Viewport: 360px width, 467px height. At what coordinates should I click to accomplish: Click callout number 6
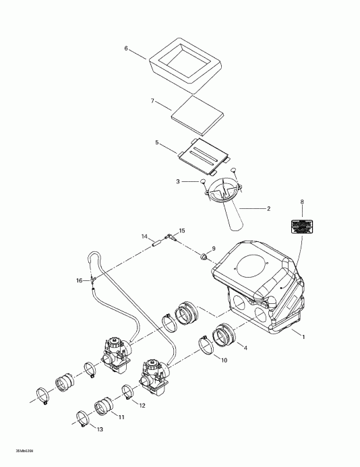pyautogui.click(x=125, y=49)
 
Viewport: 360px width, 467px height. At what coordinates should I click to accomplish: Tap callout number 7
pyautogui.click(x=152, y=101)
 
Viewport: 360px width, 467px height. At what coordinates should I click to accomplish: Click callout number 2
pyautogui.click(x=268, y=209)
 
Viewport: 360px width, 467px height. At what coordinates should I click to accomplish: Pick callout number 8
pyautogui.click(x=301, y=201)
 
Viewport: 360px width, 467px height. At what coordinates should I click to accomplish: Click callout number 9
pyautogui.click(x=214, y=249)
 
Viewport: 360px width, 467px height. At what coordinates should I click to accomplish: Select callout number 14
pyautogui.click(x=144, y=237)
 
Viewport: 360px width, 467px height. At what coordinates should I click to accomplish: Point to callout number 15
pyautogui.click(x=181, y=230)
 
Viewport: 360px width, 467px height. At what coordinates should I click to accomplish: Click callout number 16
pyautogui.click(x=78, y=280)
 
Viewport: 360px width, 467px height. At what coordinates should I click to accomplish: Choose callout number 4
pyautogui.click(x=245, y=348)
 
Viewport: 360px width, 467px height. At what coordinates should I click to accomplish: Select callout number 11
pyautogui.click(x=122, y=417)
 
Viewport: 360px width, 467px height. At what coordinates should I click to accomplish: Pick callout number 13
pyautogui.click(x=100, y=430)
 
